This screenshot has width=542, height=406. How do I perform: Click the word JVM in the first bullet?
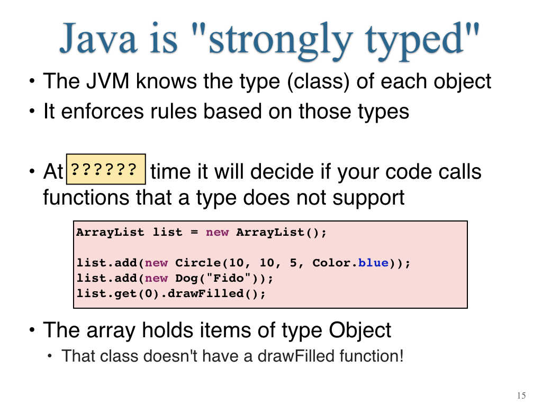click(x=107, y=81)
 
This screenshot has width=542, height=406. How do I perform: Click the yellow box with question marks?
click(x=106, y=169)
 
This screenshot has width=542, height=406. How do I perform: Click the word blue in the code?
click(x=373, y=263)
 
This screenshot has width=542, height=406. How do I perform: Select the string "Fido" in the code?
click(x=228, y=278)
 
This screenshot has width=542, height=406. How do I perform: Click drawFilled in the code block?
click(x=206, y=293)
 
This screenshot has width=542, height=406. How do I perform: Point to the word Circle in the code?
click(x=198, y=263)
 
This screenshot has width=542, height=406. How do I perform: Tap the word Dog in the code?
click(x=187, y=278)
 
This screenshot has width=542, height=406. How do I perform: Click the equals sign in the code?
click(x=194, y=233)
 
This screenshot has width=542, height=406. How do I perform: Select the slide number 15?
click(x=521, y=395)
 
